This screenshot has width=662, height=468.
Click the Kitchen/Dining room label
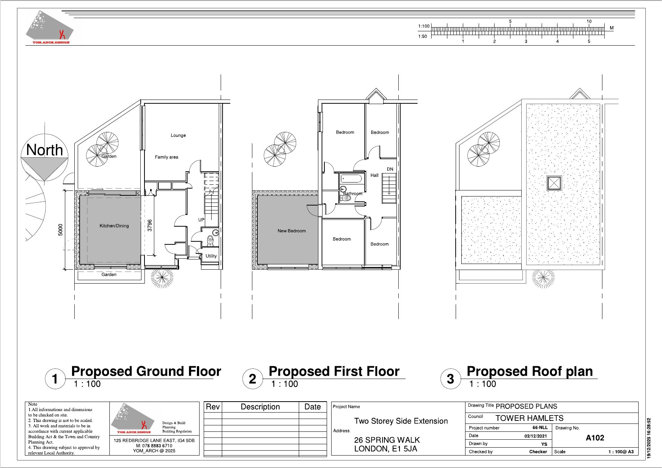pos(114,226)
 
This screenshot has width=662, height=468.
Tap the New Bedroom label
pos(292,231)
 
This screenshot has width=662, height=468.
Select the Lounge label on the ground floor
pos(178,135)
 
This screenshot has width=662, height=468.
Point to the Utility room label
pos(211,256)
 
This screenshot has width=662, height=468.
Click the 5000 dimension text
pos(61,230)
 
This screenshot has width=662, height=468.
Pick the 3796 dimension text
pos(150,225)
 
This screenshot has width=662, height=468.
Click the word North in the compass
pos(45,150)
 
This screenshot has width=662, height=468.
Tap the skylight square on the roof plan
pos(554,183)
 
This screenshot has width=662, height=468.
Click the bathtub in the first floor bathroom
pos(352,178)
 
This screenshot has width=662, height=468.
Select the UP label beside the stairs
pos(201,220)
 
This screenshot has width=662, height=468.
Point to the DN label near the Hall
pos(390,169)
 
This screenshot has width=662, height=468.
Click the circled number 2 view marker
pos(253,379)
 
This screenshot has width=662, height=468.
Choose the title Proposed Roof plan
pos(530,371)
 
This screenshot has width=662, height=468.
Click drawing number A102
pos(595,438)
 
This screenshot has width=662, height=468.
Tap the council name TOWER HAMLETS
pos(529,418)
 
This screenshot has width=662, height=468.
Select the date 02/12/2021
pos(535,436)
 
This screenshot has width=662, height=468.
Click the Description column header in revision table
pos(260,407)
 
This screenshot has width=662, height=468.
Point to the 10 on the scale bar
pos(589,21)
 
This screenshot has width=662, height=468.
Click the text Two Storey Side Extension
pos(401,421)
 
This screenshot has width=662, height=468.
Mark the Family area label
pos(166,157)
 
